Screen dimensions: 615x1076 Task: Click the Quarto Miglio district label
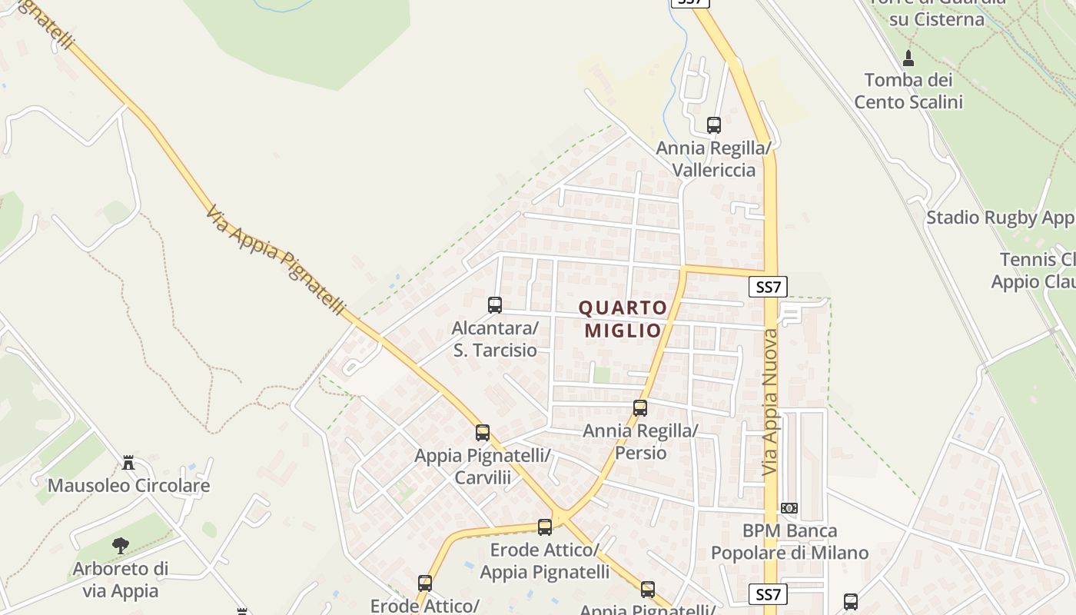click(x=623, y=319)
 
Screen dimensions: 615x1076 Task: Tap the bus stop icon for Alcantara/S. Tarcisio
click(x=495, y=305)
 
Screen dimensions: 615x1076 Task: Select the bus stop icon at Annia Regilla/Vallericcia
click(x=714, y=125)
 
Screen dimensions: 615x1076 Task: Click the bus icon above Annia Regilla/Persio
click(x=640, y=408)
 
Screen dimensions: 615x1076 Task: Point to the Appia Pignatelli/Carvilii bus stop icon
click(x=483, y=433)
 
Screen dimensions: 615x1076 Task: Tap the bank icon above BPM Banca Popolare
click(x=789, y=508)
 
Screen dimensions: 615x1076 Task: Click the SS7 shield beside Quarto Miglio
click(x=768, y=287)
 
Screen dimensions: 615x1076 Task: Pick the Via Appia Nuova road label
click(x=771, y=402)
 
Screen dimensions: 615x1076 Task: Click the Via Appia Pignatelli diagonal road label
click(x=276, y=260)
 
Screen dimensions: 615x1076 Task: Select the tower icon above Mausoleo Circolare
click(x=128, y=463)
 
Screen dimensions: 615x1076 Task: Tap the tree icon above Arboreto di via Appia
click(x=120, y=546)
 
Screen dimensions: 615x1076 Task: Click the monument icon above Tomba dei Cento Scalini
click(x=908, y=58)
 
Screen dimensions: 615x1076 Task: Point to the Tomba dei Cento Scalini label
click(x=908, y=91)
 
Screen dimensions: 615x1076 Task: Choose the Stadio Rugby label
click(x=1000, y=218)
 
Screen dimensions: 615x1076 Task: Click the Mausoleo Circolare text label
click(x=128, y=486)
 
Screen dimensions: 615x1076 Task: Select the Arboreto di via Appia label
click(x=120, y=580)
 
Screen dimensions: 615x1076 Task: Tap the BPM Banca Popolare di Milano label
click(x=789, y=542)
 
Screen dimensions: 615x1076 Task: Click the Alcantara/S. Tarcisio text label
click(x=495, y=339)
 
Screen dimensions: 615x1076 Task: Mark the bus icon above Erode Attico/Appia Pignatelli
click(x=545, y=527)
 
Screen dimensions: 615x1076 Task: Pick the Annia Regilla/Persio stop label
click(x=640, y=441)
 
